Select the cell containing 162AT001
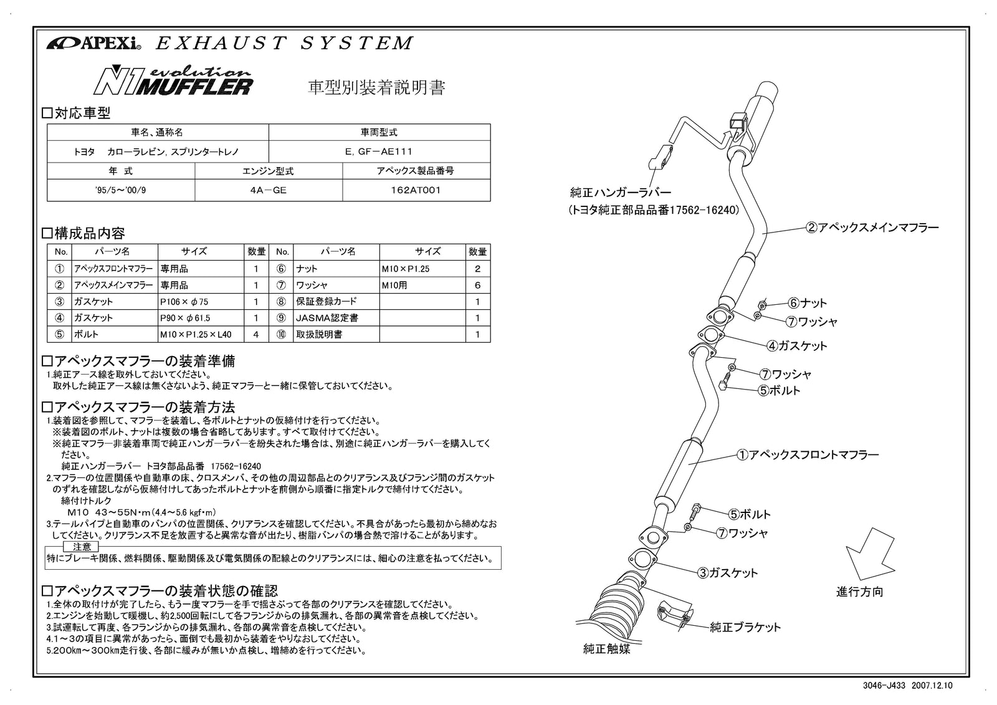pos(416,190)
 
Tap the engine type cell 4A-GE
pos(268,190)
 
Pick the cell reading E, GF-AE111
pos(379,151)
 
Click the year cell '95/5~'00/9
pos(121,190)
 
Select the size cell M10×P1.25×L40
pos(201,335)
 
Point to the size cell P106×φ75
pos(201,302)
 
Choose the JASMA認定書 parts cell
pos(336,318)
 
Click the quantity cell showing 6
pos(478,285)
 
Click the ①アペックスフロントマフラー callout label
pos(808,455)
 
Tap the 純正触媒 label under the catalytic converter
pos(606,650)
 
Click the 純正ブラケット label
pos(745,628)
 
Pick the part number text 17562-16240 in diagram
pos(704,211)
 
